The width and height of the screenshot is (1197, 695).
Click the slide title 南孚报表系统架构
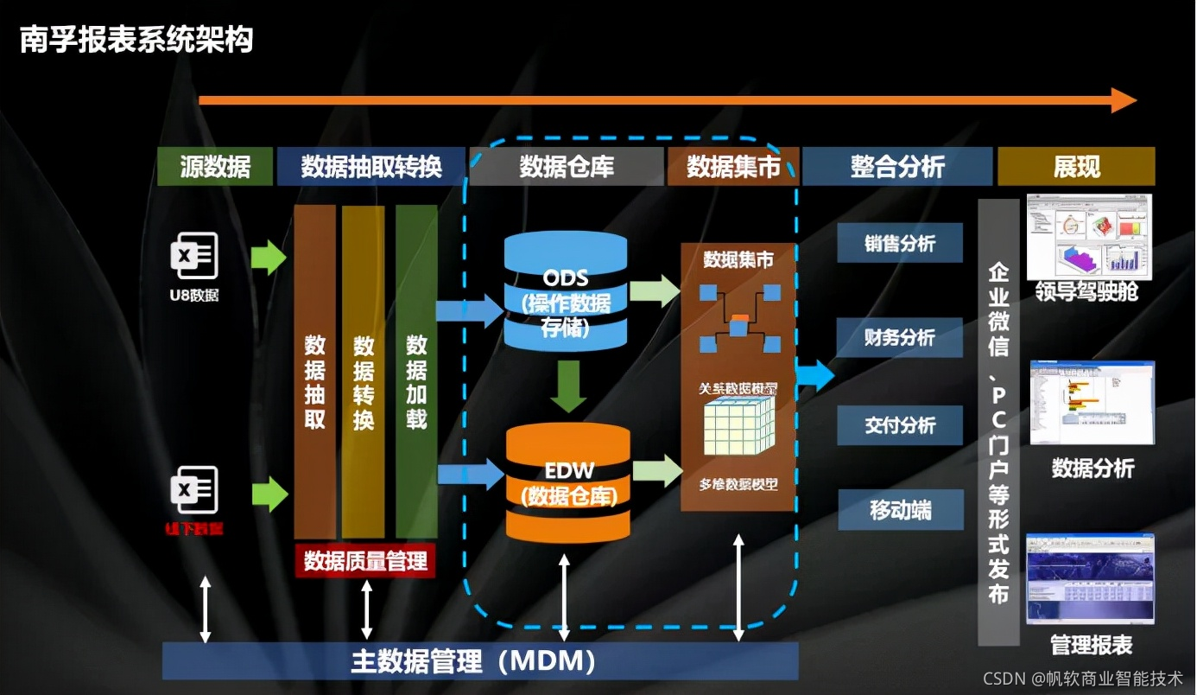tap(136, 40)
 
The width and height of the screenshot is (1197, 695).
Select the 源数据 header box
tap(215, 166)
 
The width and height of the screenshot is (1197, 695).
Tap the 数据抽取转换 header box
tap(371, 166)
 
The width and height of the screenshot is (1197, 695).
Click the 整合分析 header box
tap(897, 166)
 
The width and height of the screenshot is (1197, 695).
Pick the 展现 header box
tap(1076, 166)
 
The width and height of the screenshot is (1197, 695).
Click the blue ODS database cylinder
tap(566, 290)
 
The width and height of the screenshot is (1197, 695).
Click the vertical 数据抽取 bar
tap(314, 372)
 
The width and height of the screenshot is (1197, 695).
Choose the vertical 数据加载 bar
tap(416, 372)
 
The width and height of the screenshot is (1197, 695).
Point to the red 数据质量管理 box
tap(365, 561)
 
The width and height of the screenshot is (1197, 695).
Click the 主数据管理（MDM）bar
tap(479, 661)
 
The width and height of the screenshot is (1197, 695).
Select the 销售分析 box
tap(900, 244)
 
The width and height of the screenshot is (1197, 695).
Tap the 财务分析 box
tap(900, 337)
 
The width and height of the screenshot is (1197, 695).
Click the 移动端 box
tap(900, 510)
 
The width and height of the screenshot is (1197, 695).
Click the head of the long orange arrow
tap(1124, 100)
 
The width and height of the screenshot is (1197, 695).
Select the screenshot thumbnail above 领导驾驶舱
tap(1090, 235)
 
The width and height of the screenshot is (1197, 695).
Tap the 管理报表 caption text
tap(1091, 644)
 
